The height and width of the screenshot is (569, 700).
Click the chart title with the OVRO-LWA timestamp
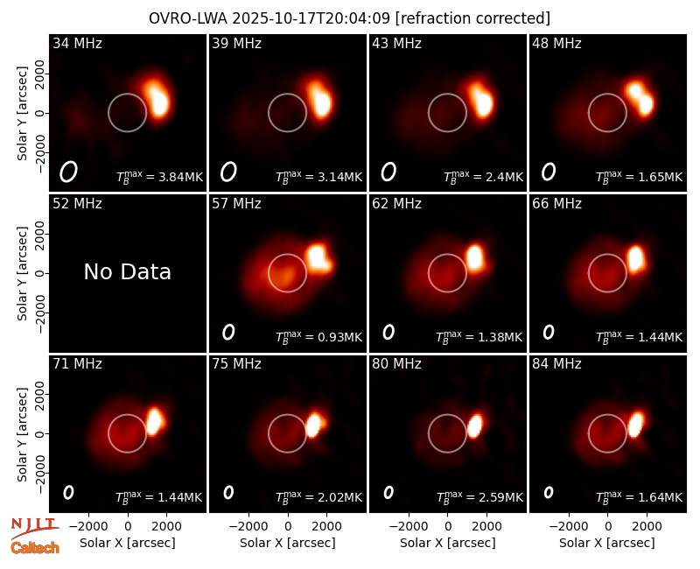click(349, 18)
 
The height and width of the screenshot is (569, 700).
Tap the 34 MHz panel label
click(77, 43)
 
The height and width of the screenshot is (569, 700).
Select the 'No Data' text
click(127, 271)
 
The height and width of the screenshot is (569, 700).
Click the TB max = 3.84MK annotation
click(159, 177)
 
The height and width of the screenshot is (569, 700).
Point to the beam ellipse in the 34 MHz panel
click(68, 172)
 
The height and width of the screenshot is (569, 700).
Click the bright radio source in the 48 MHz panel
click(640, 97)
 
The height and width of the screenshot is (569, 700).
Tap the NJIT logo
click(34, 529)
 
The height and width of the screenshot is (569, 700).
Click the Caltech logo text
click(35, 548)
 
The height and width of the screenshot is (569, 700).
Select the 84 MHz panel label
click(556, 364)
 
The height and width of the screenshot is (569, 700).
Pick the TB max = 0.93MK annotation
click(318, 337)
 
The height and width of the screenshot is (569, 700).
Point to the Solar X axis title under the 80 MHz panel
click(447, 543)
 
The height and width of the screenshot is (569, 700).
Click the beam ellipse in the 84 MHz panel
click(549, 492)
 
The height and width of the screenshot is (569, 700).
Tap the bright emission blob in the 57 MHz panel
click(318, 258)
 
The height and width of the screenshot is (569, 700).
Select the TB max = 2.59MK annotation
click(479, 497)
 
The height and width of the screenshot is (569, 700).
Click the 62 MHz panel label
click(396, 204)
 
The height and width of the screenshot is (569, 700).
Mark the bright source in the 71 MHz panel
click(155, 421)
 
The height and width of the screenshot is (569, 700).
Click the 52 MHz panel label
click(77, 204)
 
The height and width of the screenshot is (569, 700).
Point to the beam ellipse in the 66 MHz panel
click(549, 332)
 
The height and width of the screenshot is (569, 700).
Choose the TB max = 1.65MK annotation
click(640, 177)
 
